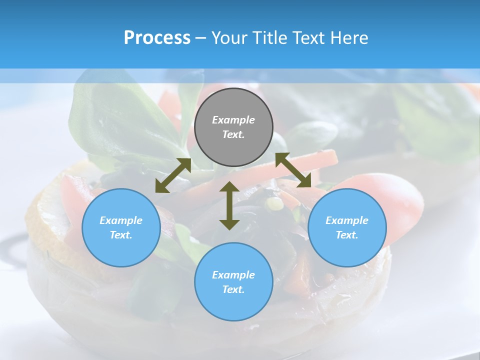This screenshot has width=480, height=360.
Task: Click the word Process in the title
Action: (x=157, y=37)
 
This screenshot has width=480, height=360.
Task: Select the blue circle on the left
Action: (x=121, y=227)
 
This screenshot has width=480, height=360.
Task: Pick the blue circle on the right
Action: (x=347, y=227)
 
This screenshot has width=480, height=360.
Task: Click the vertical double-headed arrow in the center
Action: (x=229, y=205)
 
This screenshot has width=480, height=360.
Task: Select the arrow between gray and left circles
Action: (x=173, y=175)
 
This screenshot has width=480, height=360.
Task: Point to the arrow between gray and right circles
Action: (x=293, y=170)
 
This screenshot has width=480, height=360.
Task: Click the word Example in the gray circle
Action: (x=233, y=120)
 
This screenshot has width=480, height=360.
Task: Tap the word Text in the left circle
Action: (x=121, y=235)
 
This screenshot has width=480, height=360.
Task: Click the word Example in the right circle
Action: (x=347, y=220)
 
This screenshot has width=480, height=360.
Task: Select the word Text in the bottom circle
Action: (x=233, y=289)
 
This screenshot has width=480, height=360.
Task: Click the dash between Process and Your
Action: (x=201, y=37)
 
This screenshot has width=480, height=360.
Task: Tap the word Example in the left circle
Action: (x=121, y=220)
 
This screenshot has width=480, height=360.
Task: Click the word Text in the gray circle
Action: (x=233, y=134)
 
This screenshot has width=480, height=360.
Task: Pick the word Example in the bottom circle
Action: (x=233, y=275)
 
